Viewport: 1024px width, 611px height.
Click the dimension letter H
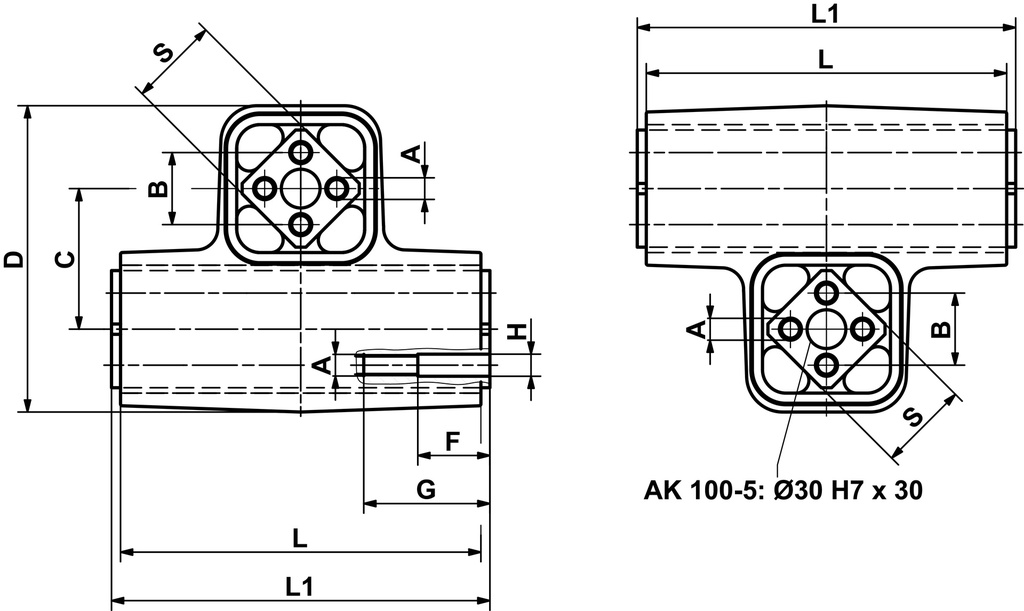(x=516, y=331)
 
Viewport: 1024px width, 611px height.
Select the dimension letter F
(x=452, y=440)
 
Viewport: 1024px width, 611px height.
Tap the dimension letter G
(x=426, y=489)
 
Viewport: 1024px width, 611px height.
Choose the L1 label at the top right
(x=825, y=13)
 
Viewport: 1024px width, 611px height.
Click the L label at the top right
(x=825, y=59)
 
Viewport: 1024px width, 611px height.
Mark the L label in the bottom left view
(x=299, y=538)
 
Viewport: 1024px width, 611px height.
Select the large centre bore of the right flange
(x=826, y=329)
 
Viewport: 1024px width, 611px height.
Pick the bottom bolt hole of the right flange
(x=826, y=365)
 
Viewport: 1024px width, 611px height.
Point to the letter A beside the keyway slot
(x=322, y=365)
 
